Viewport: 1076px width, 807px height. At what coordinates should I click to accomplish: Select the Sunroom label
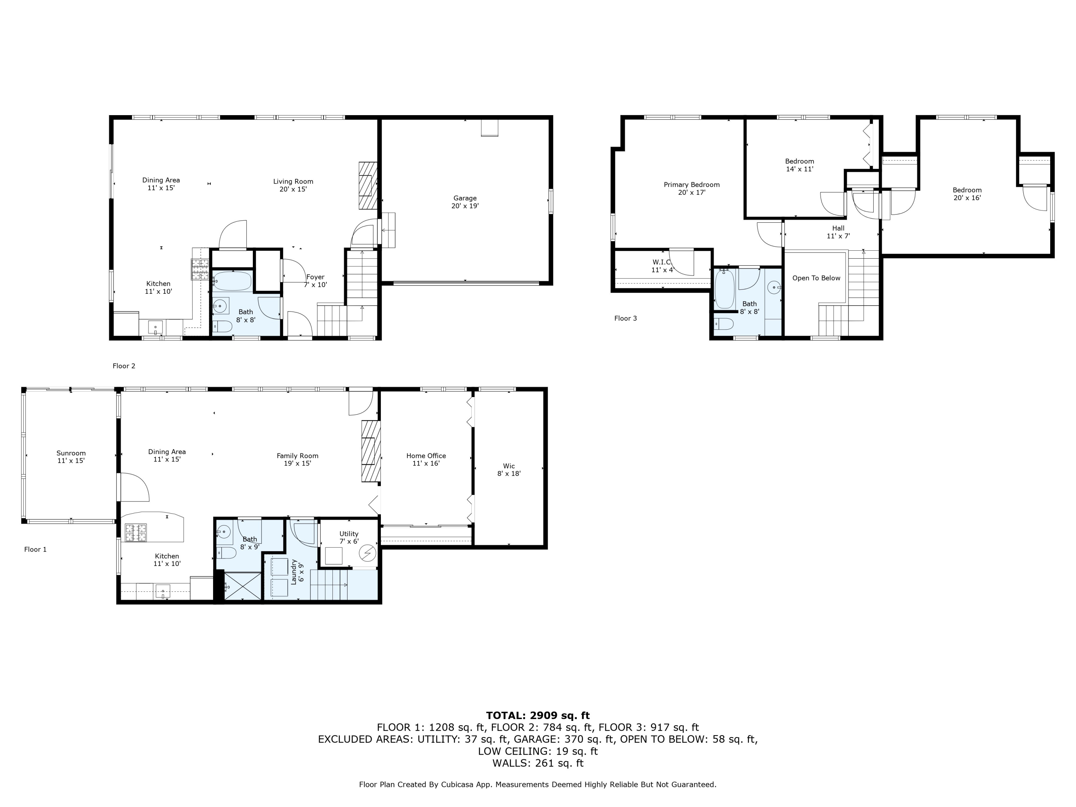pos(71,456)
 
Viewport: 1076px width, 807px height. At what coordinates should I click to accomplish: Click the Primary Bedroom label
pos(691,188)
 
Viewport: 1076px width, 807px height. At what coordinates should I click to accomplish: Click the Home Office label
pos(426,459)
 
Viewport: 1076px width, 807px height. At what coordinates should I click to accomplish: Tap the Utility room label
pos(349,537)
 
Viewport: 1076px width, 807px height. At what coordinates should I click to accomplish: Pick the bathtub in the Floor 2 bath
pos(232,281)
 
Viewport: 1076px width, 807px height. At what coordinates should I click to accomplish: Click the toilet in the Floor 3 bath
pos(724,324)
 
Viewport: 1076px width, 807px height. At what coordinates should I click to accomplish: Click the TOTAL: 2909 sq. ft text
pos(538,716)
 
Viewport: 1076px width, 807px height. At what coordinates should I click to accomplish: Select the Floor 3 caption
pos(625,318)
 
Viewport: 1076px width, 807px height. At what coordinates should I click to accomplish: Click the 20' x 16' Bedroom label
pos(967,194)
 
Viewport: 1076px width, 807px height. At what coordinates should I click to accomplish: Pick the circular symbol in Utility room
pos(367,553)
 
